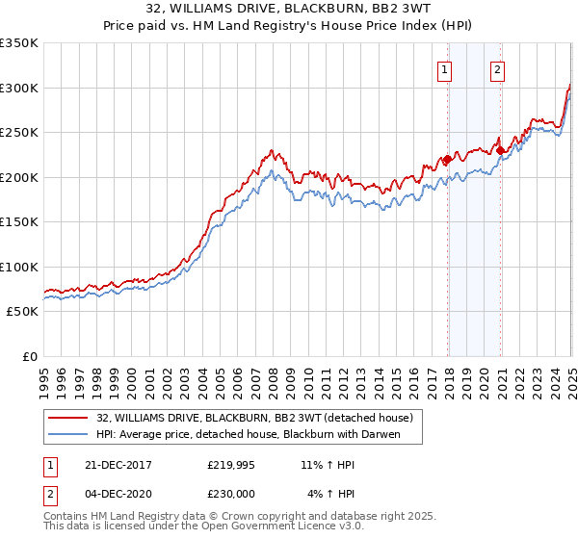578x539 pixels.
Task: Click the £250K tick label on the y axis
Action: tap(18, 133)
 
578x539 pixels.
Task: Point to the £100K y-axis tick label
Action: tap(18, 268)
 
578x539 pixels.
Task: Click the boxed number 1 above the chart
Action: tap(445, 69)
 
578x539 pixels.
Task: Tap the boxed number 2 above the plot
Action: tap(497, 69)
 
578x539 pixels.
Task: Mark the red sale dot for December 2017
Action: tap(448, 161)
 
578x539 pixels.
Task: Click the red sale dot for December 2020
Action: tap(501, 151)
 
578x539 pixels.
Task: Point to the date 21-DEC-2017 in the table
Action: tap(112, 465)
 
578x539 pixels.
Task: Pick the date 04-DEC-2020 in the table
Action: tap(112, 494)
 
